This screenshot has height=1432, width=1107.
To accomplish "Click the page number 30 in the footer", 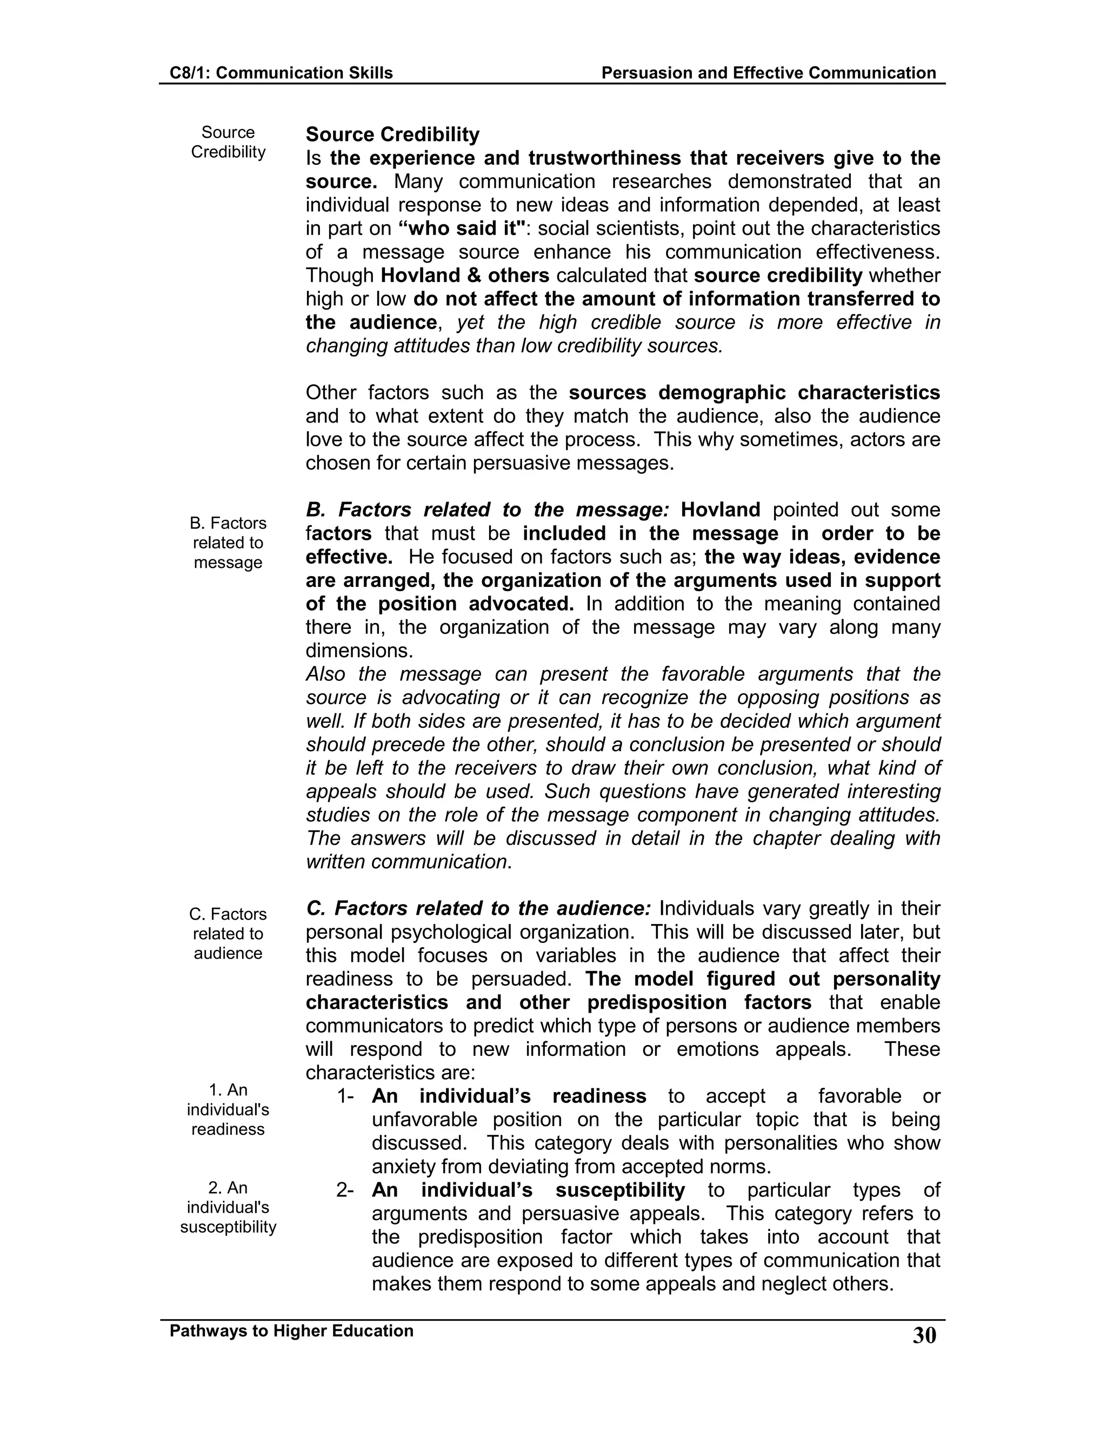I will (924, 1336).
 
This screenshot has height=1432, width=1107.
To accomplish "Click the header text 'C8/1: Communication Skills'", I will (281, 73).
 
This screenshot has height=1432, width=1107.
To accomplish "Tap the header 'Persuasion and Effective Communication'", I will (768, 73).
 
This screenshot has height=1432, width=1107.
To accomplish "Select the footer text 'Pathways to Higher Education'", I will (291, 1330).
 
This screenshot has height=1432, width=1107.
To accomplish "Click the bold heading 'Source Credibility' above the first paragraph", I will (392, 135).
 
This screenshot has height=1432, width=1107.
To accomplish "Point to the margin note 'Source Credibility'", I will (228, 142).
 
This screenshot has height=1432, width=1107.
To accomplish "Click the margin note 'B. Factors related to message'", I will (228, 543).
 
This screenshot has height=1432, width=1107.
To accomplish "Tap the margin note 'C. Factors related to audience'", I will (228, 934).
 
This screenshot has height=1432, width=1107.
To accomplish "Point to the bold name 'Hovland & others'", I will (464, 276).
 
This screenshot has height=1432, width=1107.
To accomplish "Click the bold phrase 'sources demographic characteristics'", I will (754, 393).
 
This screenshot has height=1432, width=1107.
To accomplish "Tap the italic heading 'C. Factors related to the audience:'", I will (478, 909).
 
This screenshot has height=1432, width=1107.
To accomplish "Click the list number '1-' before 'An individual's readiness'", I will (345, 1096).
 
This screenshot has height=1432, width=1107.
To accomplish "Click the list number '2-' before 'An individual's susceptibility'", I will (345, 1190).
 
